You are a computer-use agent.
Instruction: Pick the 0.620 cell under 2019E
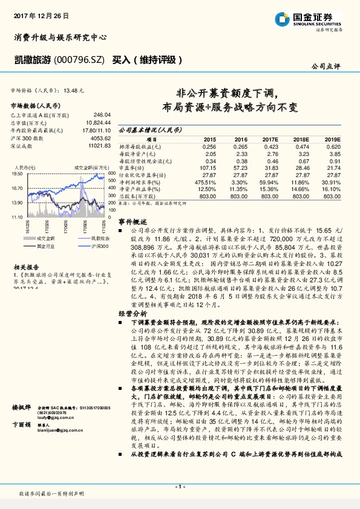[x=332, y=146]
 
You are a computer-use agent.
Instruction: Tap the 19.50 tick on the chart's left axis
[x=18, y=173]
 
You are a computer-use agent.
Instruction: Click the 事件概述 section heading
[x=129, y=222]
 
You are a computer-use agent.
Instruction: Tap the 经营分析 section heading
[x=129, y=314]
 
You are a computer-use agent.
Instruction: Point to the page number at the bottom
[x=180, y=486]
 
